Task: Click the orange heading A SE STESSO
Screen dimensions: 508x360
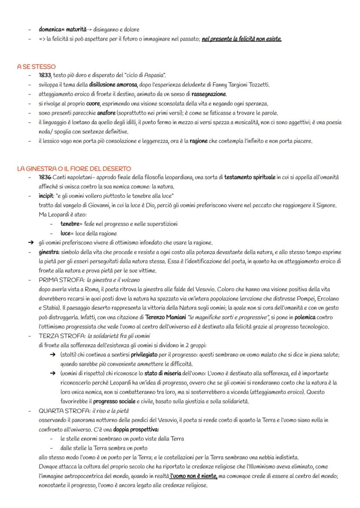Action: point(37,66)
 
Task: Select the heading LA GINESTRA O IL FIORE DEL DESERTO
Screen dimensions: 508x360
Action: point(74,168)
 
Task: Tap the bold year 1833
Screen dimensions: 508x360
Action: point(45,76)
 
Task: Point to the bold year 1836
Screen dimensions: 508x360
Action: point(45,177)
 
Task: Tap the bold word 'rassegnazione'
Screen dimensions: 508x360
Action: point(208,94)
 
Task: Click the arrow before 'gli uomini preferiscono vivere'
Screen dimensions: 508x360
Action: point(30,243)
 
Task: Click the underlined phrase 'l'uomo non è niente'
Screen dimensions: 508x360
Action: point(193,476)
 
